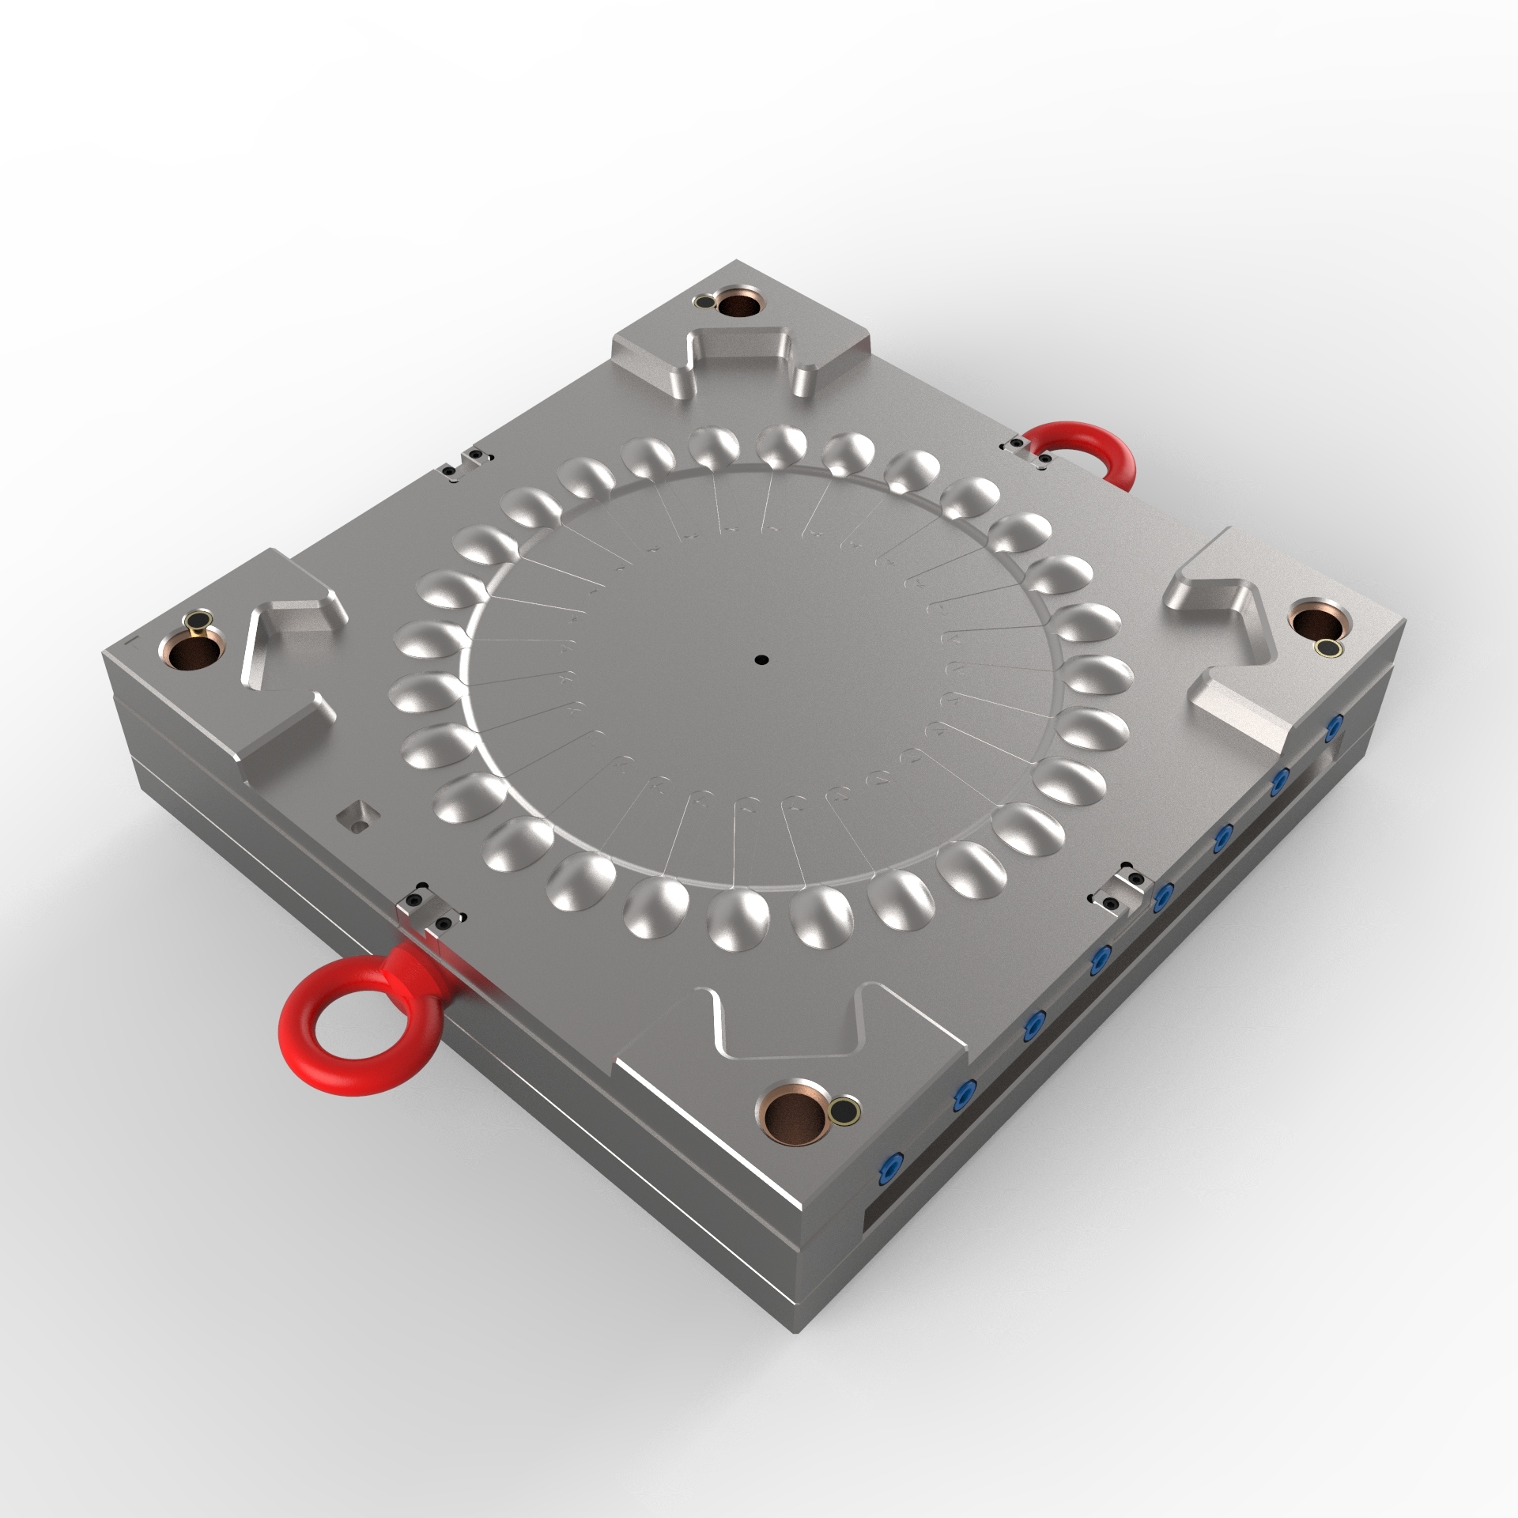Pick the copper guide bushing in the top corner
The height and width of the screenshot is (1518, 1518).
click(x=742, y=305)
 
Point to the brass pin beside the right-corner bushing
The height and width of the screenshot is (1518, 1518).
click(x=1326, y=649)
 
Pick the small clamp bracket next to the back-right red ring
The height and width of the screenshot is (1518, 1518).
click(x=1025, y=453)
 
